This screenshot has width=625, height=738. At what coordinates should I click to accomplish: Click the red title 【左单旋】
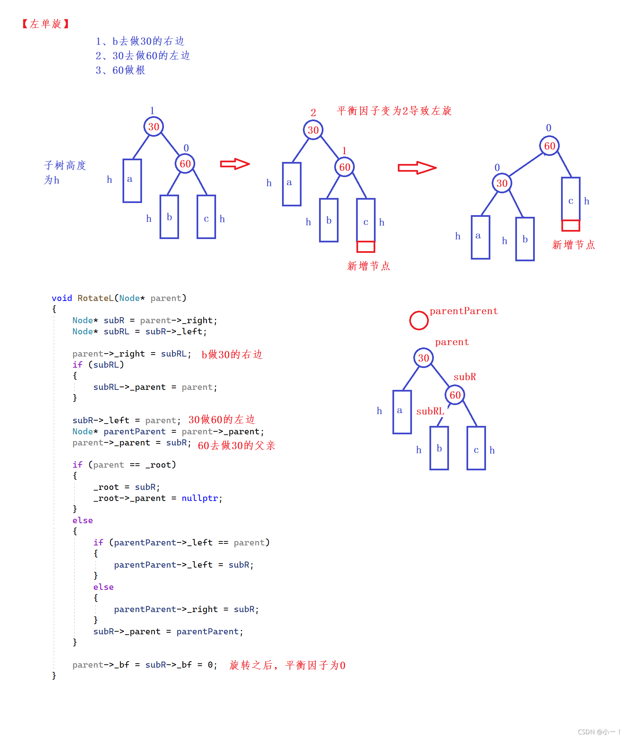tap(45, 24)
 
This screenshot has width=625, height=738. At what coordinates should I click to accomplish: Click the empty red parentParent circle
tap(418, 321)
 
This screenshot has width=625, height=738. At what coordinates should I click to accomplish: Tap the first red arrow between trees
tap(235, 164)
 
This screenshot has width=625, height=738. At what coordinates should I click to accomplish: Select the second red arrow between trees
tap(417, 168)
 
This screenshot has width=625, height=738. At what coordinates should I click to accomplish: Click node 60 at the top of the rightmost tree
tap(549, 146)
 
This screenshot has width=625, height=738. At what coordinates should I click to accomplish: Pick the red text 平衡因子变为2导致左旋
tap(394, 111)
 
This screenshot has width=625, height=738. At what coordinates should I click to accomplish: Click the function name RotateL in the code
tap(95, 298)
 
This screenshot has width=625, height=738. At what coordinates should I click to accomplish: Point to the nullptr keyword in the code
tap(200, 498)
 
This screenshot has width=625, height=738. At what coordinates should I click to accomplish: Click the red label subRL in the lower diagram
tap(430, 411)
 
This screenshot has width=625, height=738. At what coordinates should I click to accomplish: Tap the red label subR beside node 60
tap(464, 377)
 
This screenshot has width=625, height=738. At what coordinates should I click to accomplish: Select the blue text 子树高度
tap(65, 166)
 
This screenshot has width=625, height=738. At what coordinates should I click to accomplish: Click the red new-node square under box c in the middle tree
tap(366, 247)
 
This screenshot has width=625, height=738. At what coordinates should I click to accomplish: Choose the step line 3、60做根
tap(120, 70)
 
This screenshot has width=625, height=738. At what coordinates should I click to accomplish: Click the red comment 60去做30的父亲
tap(236, 445)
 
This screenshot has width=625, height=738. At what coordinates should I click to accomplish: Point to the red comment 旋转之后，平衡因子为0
tap(287, 665)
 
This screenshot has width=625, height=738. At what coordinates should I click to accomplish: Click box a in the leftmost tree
tap(132, 181)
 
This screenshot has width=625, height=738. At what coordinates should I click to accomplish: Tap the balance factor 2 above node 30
tap(313, 113)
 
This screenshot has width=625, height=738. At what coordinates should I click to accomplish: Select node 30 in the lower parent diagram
tap(423, 358)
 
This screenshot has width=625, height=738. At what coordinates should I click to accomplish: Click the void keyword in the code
tap(62, 298)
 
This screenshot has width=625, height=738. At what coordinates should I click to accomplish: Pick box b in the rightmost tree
tap(525, 239)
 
